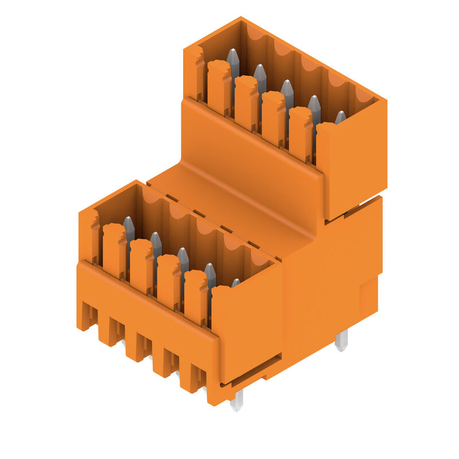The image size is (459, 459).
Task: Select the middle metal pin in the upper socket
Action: click(x=287, y=91)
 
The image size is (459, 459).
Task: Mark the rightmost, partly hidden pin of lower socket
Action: click(x=235, y=282)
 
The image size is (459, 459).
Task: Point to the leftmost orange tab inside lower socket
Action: click(x=114, y=250)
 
